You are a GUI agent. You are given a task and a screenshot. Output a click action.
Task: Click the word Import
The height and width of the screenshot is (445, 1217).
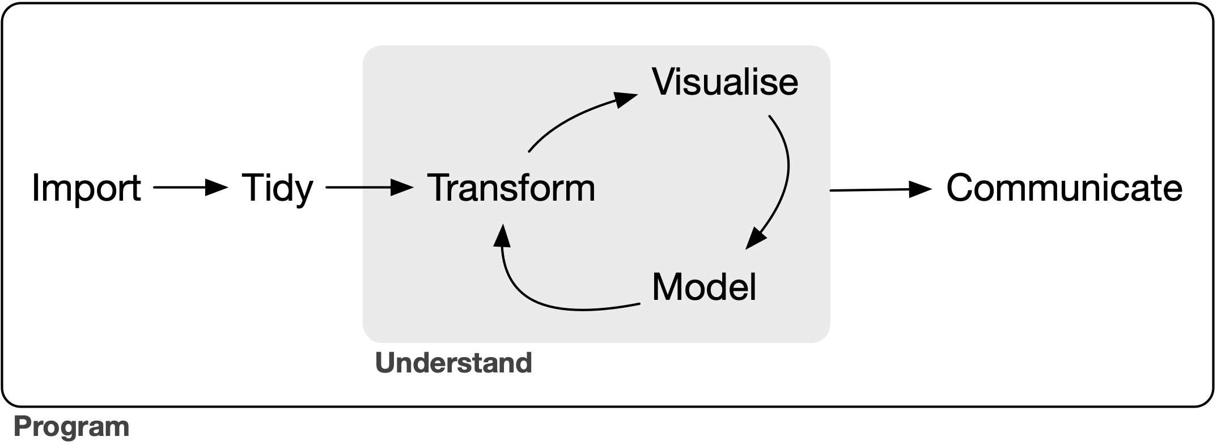[86, 188]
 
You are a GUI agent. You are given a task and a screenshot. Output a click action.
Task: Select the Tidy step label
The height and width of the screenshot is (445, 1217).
[277, 188]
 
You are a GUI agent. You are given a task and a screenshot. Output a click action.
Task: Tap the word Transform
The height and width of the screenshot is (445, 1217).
[511, 188]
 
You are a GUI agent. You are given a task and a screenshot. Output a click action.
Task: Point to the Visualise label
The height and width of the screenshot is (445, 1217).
[725, 82]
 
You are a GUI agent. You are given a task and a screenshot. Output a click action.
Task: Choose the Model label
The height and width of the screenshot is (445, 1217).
[704, 287]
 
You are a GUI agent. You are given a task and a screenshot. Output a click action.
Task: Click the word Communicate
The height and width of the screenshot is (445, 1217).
[1064, 188]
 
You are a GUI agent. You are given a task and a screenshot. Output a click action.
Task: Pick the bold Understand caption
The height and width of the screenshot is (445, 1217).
[453, 363]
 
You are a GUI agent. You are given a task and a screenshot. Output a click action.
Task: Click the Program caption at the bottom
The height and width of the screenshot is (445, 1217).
[71, 426]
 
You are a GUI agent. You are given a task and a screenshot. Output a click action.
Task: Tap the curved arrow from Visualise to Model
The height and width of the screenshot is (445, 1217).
[786, 170]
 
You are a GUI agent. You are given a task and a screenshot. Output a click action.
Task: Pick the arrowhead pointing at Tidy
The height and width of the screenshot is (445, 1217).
[217, 187]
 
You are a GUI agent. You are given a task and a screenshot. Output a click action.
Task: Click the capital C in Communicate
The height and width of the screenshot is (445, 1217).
[961, 188]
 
